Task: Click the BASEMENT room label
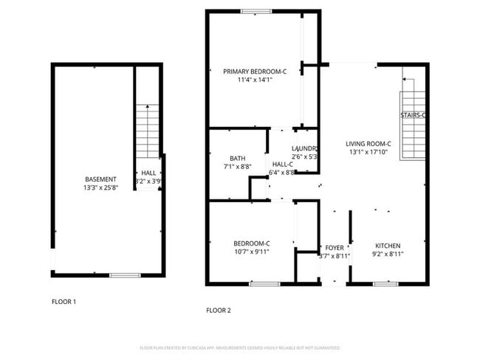click(100, 179)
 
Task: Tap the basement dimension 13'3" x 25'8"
click(100, 187)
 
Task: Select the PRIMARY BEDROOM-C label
click(255, 72)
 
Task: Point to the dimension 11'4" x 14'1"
click(255, 80)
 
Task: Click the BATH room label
click(237, 158)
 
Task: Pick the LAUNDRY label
click(305, 148)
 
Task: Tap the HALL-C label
click(283, 164)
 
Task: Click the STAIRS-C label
click(413, 116)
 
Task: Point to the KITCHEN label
click(388, 246)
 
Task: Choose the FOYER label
click(334, 248)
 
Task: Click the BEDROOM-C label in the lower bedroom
click(252, 243)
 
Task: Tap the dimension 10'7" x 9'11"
click(252, 252)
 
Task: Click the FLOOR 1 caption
click(64, 302)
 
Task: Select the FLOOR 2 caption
click(219, 311)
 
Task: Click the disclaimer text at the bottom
click(239, 347)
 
